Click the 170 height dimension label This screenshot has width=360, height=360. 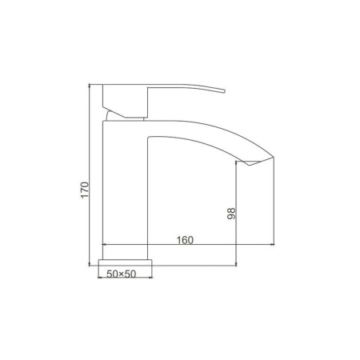point(85,190)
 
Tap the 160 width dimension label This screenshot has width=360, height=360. point(185,240)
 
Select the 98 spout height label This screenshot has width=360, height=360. point(231,214)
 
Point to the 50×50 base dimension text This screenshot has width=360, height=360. point(122,274)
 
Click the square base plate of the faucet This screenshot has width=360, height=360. point(125,262)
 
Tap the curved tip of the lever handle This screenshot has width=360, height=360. point(223,91)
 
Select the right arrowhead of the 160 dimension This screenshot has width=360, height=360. point(272,244)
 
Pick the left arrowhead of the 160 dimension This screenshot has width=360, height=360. point(105,244)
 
